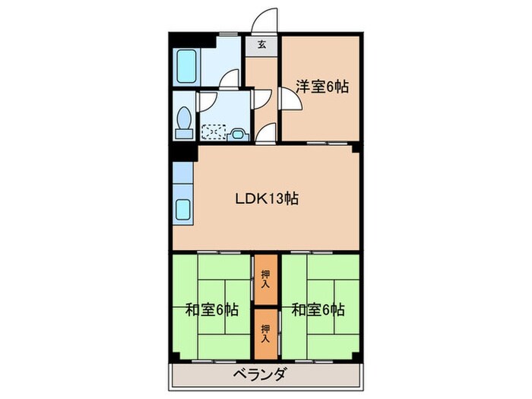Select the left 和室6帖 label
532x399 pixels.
point(211,310)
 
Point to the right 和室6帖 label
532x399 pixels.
point(318,310)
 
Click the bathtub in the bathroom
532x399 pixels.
point(185,68)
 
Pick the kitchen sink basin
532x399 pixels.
point(185,207)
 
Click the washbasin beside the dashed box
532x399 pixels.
point(238,134)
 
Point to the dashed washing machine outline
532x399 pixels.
point(214,132)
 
